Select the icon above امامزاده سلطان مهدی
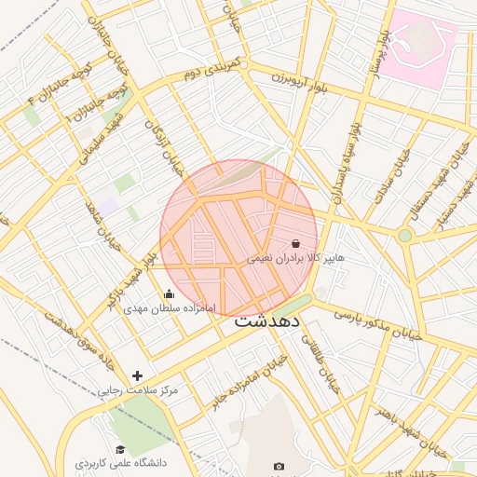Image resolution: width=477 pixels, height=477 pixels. pyautogui.click(x=169, y=293)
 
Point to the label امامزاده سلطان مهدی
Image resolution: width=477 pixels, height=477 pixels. pyautogui.click(x=170, y=307)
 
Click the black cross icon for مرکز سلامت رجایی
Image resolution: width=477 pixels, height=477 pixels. pyautogui.click(x=138, y=375)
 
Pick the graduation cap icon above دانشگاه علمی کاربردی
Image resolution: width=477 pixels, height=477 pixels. pyautogui.click(x=120, y=449)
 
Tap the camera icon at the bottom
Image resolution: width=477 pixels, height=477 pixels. pyautogui.click(x=279, y=466)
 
